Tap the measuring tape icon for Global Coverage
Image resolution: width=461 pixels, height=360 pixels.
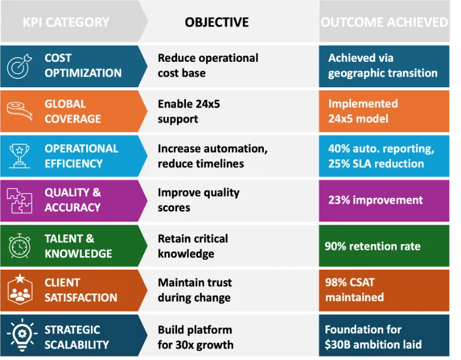18,110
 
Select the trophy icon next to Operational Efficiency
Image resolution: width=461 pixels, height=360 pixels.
18,156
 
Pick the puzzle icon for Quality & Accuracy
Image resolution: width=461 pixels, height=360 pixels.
18,200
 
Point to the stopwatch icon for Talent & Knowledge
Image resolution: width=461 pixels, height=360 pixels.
18,246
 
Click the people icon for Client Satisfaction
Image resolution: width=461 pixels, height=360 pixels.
18,290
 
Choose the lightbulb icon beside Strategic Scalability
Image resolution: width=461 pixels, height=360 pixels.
18,336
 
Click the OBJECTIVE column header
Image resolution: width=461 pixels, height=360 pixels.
216,23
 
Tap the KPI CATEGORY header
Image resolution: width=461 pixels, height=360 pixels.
66,23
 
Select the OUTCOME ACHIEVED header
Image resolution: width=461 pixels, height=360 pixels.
384,23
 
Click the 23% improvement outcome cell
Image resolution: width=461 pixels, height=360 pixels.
375,200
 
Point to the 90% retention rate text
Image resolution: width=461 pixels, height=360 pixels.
372,246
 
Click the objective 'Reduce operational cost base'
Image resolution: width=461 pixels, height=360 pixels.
207,65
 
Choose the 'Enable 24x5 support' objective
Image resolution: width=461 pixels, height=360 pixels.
189,111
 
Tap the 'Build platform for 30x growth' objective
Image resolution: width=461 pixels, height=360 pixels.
195,337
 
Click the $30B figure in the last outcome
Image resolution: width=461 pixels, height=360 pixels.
340,345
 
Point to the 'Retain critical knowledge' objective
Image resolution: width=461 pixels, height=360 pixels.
192,246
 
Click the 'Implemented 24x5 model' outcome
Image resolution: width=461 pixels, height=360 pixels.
362,111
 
